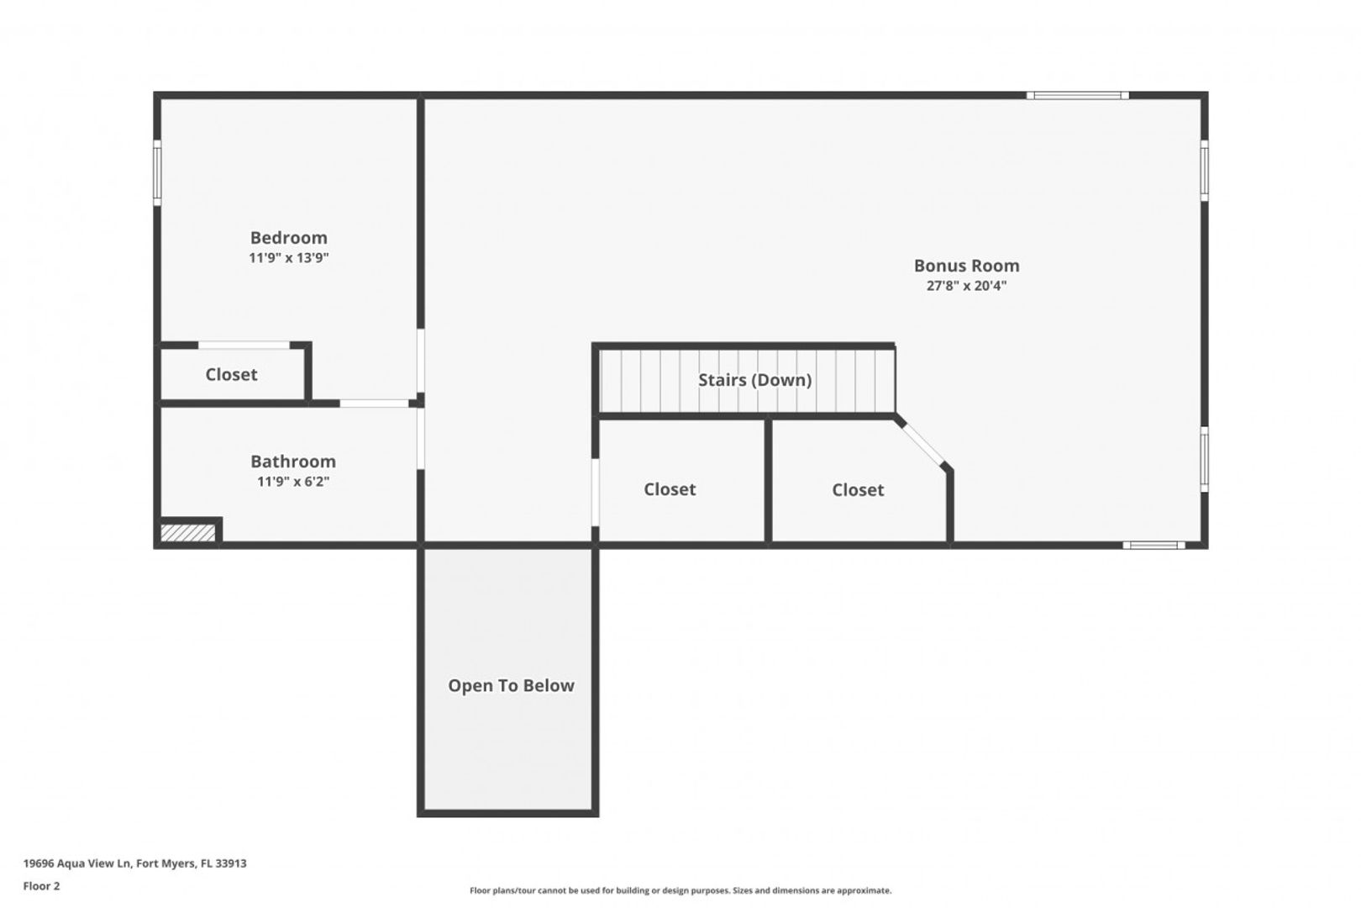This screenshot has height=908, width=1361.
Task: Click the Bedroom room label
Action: click(x=289, y=237)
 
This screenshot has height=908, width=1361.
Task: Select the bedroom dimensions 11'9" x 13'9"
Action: click(x=289, y=258)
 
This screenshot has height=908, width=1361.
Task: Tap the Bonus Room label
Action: click(x=967, y=265)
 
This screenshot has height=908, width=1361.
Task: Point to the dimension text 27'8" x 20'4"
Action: click(x=967, y=286)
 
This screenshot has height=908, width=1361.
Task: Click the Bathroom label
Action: click(x=293, y=461)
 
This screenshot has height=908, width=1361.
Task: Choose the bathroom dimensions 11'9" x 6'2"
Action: click(x=293, y=482)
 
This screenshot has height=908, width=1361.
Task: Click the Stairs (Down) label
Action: click(x=754, y=380)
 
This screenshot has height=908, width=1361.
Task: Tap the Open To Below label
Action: click(x=511, y=685)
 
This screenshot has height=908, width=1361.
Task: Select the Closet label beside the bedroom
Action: click(x=232, y=375)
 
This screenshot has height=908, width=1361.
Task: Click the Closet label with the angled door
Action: click(x=858, y=490)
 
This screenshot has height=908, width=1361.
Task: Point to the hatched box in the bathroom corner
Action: click(x=187, y=533)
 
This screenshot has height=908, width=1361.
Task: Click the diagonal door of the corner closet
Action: click(x=922, y=444)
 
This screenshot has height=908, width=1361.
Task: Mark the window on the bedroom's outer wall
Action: click(x=157, y=172)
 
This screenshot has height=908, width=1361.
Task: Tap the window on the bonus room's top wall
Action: click(x=1078, y=96)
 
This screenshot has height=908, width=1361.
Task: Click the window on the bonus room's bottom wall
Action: click(x=1153, y=546)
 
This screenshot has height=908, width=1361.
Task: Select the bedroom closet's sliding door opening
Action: click(x=244, y=346)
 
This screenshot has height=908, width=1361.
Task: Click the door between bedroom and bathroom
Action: click(x=375, y=404)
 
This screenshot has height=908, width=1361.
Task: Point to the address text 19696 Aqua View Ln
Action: click(x=77, y=863)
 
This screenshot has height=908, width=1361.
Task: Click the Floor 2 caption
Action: click(x=41, y=886)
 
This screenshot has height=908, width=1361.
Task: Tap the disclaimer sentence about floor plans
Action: click(x=680, y=890)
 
